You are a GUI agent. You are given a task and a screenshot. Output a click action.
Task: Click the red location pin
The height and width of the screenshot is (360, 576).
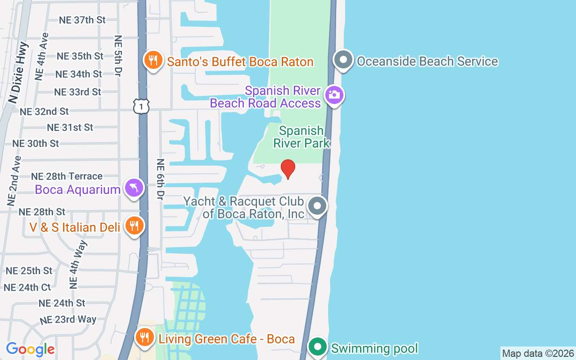click(x=288, y=169)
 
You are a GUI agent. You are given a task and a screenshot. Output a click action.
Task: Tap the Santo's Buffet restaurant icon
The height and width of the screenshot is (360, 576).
click(x=153, y=60)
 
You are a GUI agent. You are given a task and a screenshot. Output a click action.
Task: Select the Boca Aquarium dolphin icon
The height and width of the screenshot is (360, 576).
click(x=134, y=189)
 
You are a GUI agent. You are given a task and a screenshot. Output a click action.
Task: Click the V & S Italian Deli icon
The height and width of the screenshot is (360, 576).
click(x=134, y=226)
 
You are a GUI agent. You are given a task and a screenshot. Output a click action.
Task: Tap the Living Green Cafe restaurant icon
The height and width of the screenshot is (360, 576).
click(x=144, y=337)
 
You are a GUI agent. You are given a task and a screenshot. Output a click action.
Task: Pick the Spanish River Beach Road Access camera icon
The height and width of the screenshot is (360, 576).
click(x=334, y=95)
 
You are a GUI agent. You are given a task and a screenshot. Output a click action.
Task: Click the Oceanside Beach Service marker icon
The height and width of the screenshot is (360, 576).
click(x=344, y=60)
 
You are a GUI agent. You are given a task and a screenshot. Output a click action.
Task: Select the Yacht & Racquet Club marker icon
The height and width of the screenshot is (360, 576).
click(x=317, y=207)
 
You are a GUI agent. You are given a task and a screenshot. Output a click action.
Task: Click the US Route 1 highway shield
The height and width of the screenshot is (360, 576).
click(x=141, y=106)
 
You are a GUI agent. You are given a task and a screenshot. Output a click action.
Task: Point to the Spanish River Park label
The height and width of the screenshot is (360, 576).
click(x=301, y=137)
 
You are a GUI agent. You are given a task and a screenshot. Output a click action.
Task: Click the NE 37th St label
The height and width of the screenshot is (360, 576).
click(x=82, y=20)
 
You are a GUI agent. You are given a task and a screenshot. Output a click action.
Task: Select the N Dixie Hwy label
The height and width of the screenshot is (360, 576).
click(x=18, y=72)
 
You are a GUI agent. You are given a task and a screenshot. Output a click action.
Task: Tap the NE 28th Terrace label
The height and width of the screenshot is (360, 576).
click(x=67, y=176)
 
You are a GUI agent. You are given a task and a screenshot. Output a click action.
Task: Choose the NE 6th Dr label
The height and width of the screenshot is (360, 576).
click(x=160, y=179)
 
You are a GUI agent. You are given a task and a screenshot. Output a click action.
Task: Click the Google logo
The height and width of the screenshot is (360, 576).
click(x=30, y=349)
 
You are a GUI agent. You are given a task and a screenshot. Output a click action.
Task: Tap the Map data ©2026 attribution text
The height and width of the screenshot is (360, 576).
click(x=538, y=353)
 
